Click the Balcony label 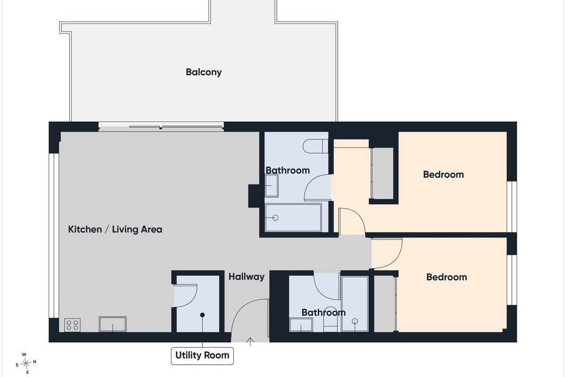204,72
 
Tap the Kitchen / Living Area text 115,229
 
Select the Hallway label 246,277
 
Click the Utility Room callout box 202,356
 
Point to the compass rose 26,363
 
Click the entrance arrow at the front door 250,341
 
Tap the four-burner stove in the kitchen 73,325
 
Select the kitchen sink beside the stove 112,324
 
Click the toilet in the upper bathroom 316,146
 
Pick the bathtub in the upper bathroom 293,218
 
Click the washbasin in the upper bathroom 272,186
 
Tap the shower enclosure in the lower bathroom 355,304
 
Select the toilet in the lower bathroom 331,320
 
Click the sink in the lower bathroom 301,325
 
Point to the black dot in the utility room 202,315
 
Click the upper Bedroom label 443,174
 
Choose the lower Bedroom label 447,277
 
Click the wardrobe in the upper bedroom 383,173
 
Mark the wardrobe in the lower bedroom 384,303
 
